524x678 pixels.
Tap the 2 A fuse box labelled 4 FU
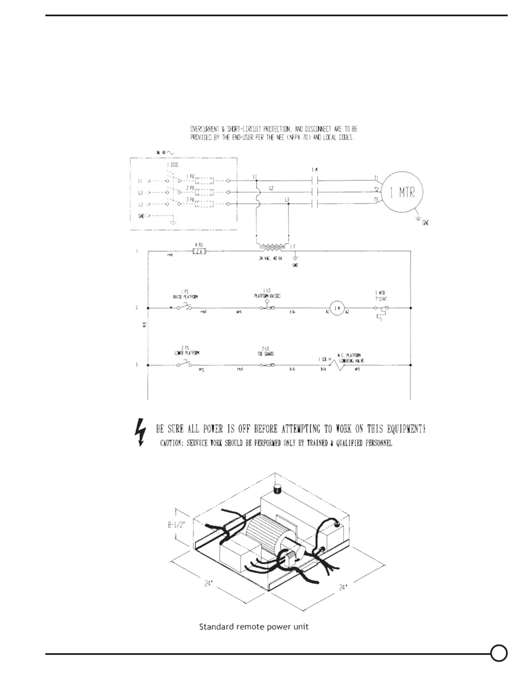coord(199,252)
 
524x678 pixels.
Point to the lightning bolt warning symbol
coord(140,431)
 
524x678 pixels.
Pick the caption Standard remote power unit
coord(254,627)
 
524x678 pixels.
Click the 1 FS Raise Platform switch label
coord(185,294)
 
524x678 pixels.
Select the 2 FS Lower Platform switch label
coord(185,351)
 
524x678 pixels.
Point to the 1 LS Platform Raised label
coord(267,293)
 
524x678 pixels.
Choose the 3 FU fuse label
coord(190,199)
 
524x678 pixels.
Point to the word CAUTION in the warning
coord(172,443)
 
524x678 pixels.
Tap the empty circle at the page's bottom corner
coord(499,653)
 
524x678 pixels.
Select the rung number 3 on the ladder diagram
coord(137,365)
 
